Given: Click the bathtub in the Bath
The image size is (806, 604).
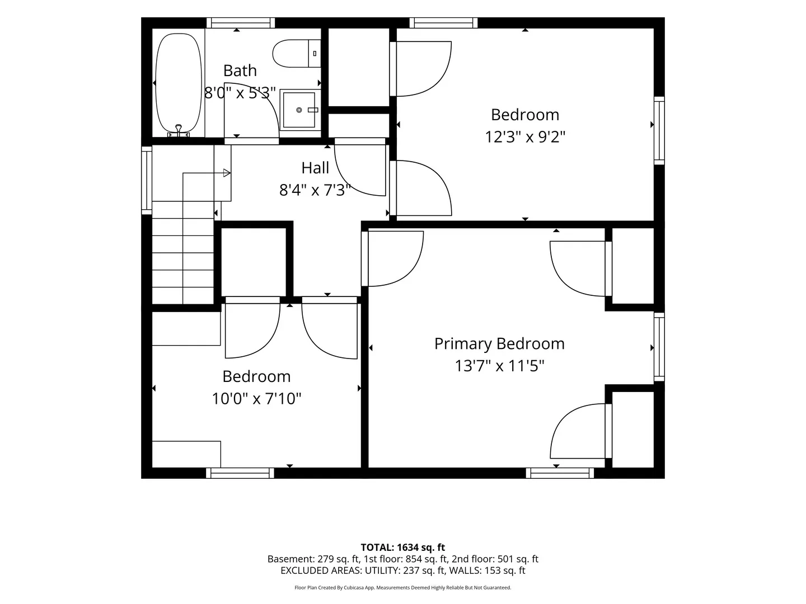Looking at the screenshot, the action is (x=179, y=83).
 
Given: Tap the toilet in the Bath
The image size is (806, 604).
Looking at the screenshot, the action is (x=296, y=54).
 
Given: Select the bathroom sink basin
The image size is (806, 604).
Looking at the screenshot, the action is (x=299, y=110).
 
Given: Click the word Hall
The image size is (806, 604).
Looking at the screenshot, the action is (x=315, y=168).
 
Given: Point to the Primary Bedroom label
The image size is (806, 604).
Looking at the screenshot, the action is (x=499, y=344).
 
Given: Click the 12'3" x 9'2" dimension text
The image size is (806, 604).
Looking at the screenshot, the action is (x=525, y=137).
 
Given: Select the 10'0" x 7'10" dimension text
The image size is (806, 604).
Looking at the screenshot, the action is (x=256, y=399).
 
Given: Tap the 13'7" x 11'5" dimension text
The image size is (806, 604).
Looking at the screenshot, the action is (x=499, y=366).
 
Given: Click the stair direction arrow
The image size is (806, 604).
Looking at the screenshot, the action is (x=205, y=173).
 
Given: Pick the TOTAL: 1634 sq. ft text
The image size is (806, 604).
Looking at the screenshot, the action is (x=403, y=548).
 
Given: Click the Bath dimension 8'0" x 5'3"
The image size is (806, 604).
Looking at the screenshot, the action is (x=240, y=93).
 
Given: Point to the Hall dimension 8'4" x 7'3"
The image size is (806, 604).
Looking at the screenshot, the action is (x=315, y=190).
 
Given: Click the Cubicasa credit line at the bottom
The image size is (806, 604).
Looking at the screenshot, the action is (x=403, y=587).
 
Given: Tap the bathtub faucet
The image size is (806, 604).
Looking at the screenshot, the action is (x=179, y=130).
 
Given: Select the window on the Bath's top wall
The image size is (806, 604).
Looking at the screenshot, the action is (x=241, y=23).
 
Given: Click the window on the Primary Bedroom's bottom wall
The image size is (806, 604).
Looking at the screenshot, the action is (x=560, y=473).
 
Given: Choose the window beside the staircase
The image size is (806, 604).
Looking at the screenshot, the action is (x=147, y=181).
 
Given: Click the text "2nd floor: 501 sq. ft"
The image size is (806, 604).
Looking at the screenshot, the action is (x=495, y=559).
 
